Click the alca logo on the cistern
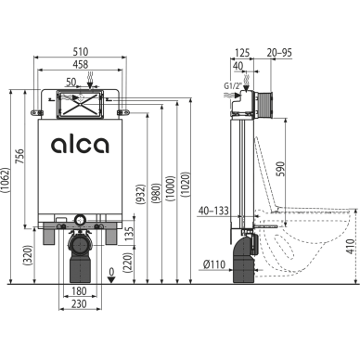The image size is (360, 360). [x=80, y=145]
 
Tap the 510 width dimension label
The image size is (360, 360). [x=81, y=51]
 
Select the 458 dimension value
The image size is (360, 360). [x=81, y=64]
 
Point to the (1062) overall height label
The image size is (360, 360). [x=6, y=185]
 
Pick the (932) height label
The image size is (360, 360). [x=140, y=195]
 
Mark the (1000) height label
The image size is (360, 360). [x=171, y=188]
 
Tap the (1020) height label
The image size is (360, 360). [x=186, y=185]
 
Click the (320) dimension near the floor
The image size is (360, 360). [x=28, y=255]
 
